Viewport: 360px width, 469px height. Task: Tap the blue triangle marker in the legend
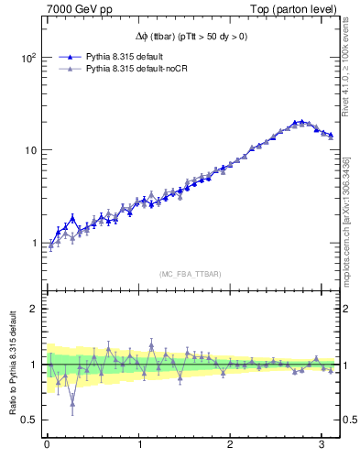click(x=71, y=54)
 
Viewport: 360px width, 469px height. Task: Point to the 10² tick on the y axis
click(x=27, y=57)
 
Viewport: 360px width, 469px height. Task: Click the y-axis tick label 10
click(x=29, y=150)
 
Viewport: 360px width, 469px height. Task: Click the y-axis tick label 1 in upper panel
click(x=33, y=244)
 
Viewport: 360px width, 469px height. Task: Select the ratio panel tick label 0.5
click(x=28, y=420)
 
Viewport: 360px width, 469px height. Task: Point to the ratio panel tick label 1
click(x=33, y=365)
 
